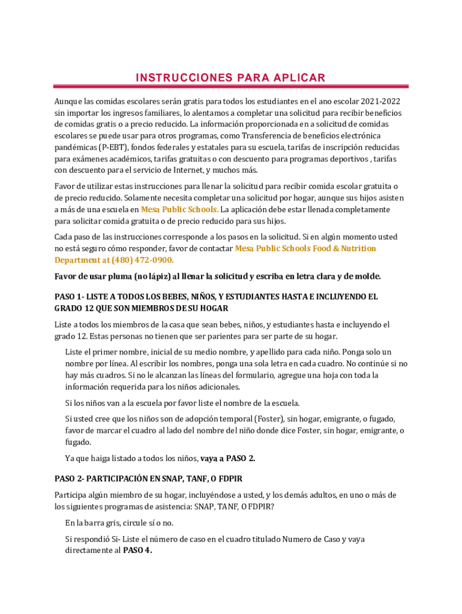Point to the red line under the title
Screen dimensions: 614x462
[231, 86]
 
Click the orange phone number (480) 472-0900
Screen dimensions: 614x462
[142, 260]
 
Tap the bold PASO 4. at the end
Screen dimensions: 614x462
[137, 550]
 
